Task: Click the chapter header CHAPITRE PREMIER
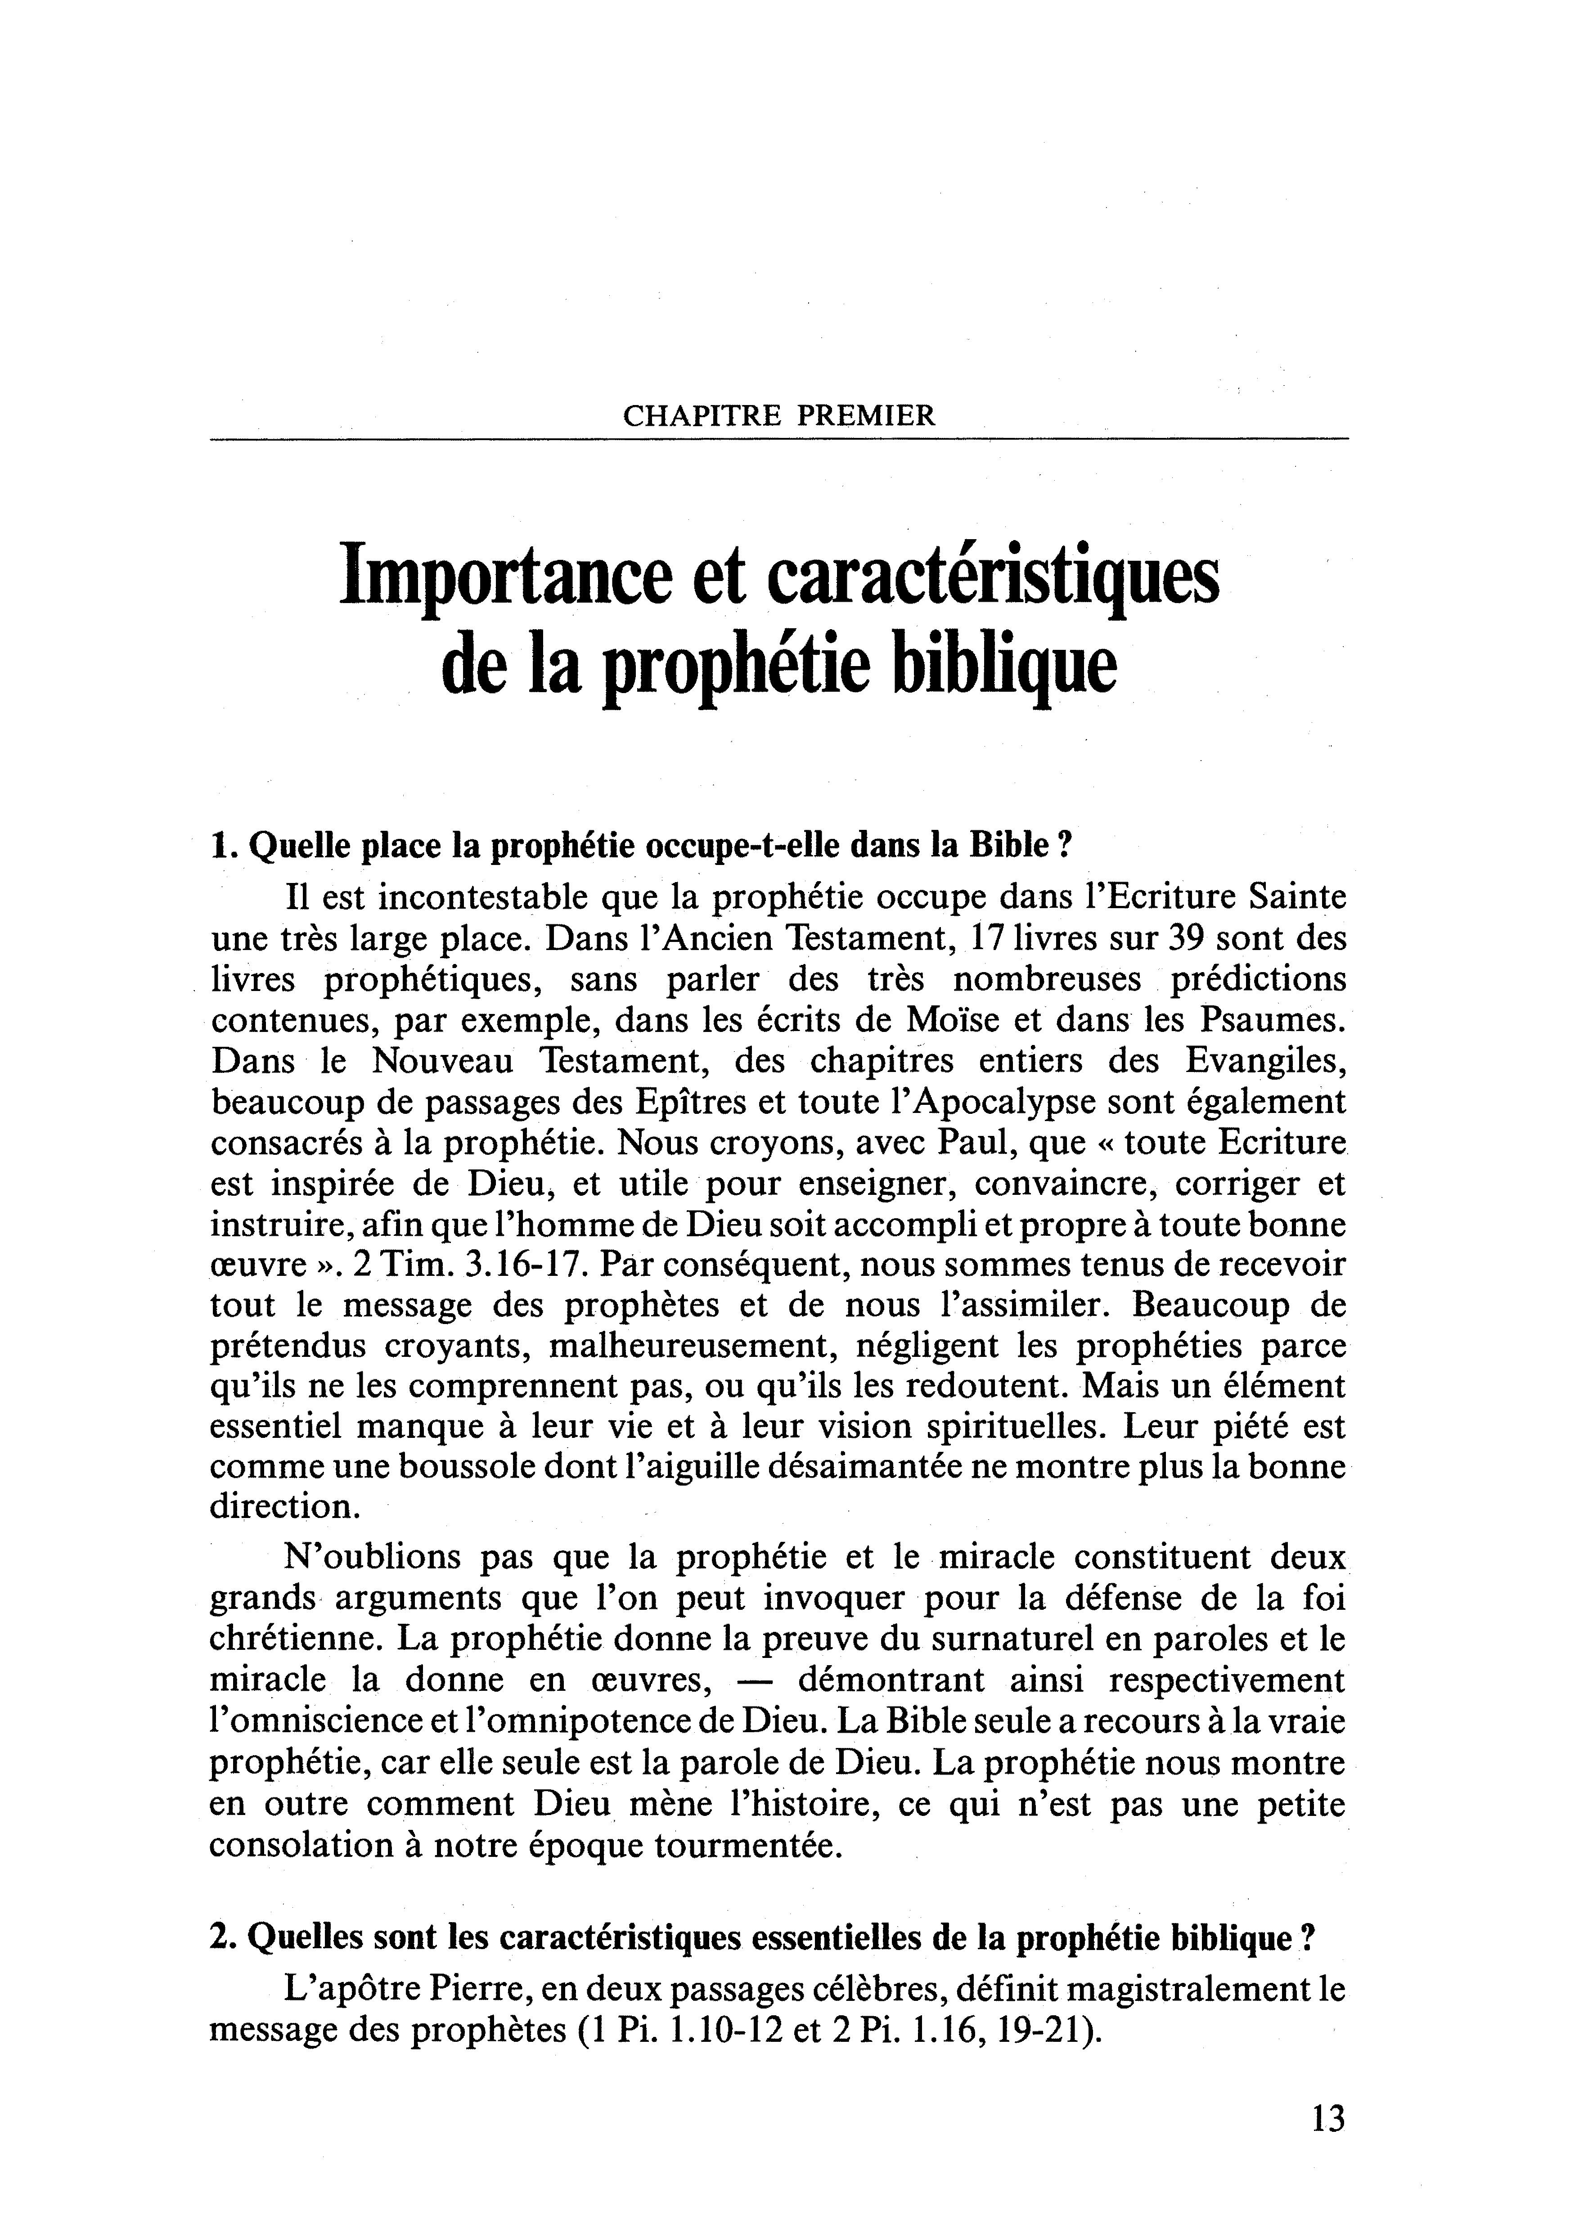click(x=778, y=416)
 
